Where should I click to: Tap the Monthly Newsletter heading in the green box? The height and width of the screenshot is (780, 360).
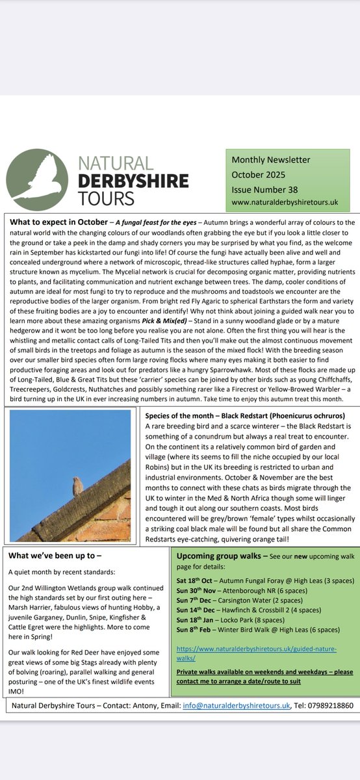point(271,160)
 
